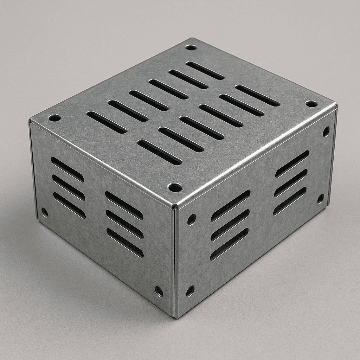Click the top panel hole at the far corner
[191, 47]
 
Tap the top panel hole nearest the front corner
[175, 187]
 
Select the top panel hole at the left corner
[54, 118]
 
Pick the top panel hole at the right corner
[311, 104]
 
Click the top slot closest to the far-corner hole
[205, 70]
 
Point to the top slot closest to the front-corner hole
[160, 152]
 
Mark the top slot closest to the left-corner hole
[106, 122]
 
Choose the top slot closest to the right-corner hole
[257, 96]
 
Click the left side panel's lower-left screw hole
[45, 212]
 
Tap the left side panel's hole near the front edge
[159, 291]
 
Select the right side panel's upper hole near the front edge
[192, 219]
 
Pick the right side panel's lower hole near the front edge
[190, 291]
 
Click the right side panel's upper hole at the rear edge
[326, 131]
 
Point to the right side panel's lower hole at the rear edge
[321, 199]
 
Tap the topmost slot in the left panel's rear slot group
[67, 169]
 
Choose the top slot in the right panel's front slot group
[231, 205]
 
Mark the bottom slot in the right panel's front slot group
[229, 244]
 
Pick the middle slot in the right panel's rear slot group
[291, 182]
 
